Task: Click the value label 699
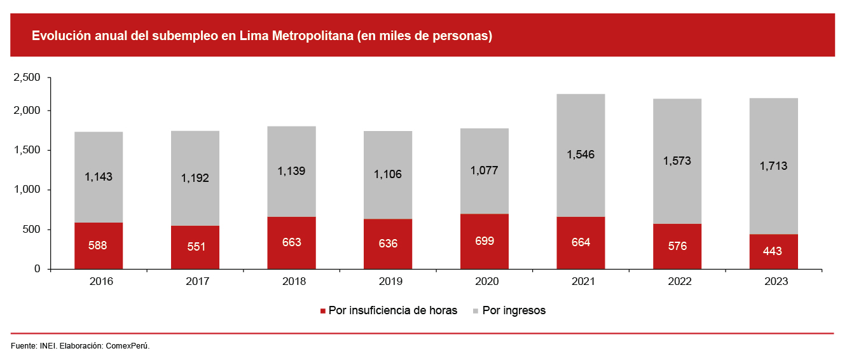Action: click(485, 241)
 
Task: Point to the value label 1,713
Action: click(774, 166)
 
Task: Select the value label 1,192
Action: click(195, 178)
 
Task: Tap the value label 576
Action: click(677, 246)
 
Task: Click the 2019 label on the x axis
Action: click(388, 281)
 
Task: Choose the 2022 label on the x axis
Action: click(677, 281)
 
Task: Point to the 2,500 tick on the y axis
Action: click(27, 78)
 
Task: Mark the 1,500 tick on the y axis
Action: click(27, 150)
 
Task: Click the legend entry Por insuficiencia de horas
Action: click(392, 310)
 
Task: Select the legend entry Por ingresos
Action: click(514, 310)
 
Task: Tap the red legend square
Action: click(323, 311)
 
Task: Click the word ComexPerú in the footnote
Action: click(127, 346)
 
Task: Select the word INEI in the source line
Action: click(47, 346)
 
